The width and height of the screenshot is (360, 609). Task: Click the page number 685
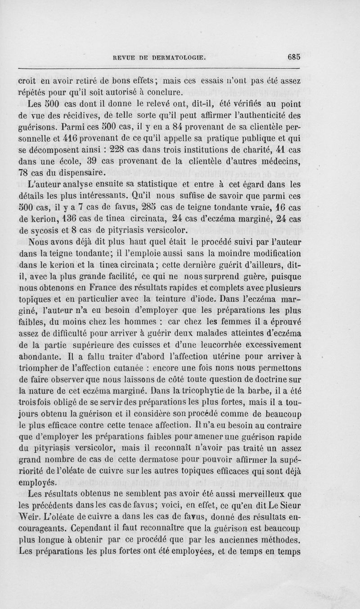(291, 57)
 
